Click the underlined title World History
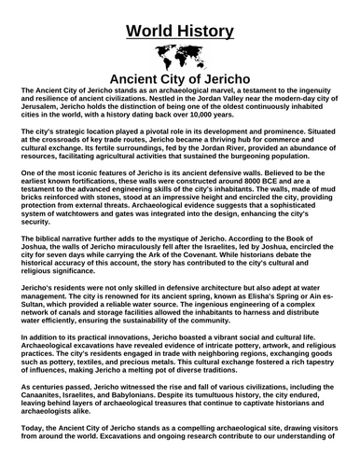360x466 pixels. click(180, 31)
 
